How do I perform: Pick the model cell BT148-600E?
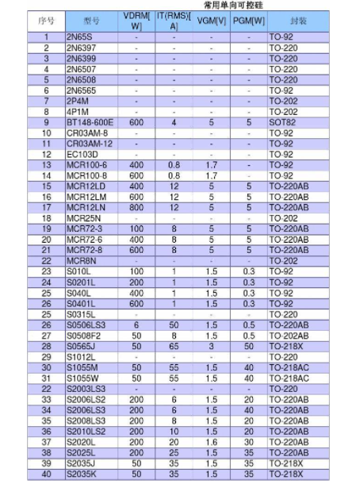click(x=90, y=122)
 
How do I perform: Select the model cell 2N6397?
click(x=81, y=48)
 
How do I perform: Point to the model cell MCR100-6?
click(x=86, y=164)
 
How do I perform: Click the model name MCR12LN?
click(x=86, y=207)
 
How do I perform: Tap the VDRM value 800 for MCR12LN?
click(x=136, y=207)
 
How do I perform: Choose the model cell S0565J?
click(x=82, y=346)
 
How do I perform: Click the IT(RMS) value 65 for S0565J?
click(x=174, y=346)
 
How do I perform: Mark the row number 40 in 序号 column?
click(x=46, y=474)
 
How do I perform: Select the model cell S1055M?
click(x=82, y=367)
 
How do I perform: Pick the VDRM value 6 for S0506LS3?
click(x=136, y=325)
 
